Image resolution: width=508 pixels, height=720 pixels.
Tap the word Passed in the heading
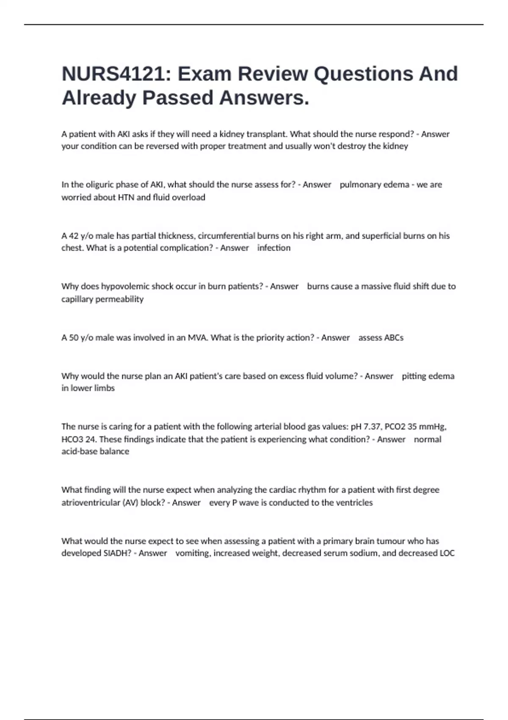pyautogui.click(x=177, y=98)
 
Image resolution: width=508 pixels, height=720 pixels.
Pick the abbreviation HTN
pyautogui.click(x=126, y=197)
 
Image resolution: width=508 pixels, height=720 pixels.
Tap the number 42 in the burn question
pyautogui.click(x=74, y=236)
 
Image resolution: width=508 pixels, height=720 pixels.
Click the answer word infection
pyautogui.click(x=274, y=248)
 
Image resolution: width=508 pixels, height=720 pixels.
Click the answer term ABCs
pyautogui.click(x=393, y=338)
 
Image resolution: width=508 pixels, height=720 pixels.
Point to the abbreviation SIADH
pyautogui.click(x=115, y=553)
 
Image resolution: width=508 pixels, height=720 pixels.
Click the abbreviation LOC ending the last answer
pyautogui.click(x=447, y=553)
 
